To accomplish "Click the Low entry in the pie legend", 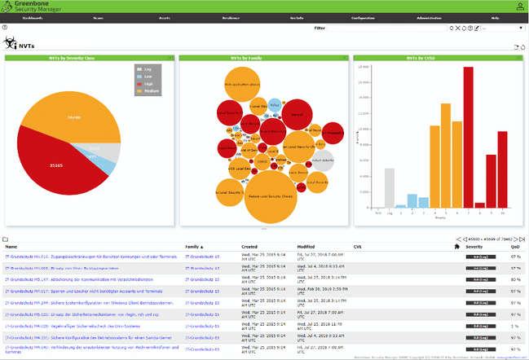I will [x=148, y=76].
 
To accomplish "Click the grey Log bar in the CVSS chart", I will [x=390, y=188].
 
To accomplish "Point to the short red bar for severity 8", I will [x=480, y=204].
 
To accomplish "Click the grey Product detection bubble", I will [x=323, y=160].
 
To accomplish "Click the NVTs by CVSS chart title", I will [x=438, y=59].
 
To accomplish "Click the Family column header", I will [x=192, y=246].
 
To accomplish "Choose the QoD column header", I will [x=515, y=246].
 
